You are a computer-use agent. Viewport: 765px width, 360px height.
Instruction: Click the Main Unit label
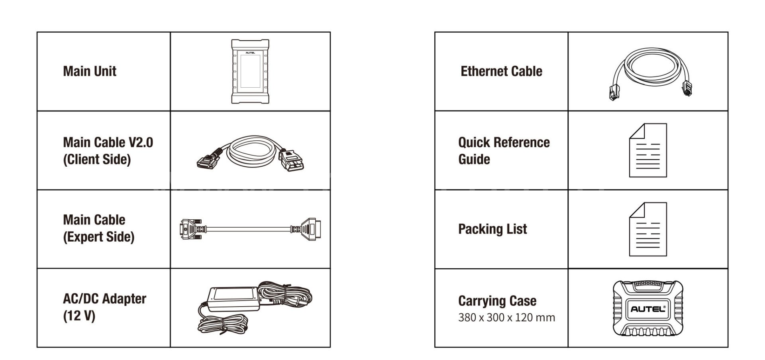tap(90, 71)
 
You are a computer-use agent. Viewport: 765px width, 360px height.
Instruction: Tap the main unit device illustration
tap(250, 71)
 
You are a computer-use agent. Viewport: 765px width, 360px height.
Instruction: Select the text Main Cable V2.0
tap(108, 142)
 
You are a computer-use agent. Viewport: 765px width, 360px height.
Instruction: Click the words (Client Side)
tap(97, 159)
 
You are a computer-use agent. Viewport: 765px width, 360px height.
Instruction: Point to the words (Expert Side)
tap(99, 237)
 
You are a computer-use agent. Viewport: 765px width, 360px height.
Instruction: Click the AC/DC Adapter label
tap(104, 299)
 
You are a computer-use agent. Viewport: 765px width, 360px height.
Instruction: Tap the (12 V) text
tap(79, 316)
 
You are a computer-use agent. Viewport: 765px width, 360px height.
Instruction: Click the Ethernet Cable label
tap(501, 71)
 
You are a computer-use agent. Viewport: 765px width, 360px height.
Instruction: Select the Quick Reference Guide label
tap(504, 151)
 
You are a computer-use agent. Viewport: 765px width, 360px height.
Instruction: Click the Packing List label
tap(492, 229)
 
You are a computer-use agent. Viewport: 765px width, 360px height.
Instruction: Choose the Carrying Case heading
tap(497, 301)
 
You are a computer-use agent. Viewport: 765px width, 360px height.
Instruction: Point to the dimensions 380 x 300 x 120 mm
tap(506, 318)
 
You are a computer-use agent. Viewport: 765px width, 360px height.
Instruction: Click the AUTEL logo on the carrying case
tap(648, 309)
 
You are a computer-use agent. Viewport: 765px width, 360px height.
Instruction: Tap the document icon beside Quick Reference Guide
tap(648, 150)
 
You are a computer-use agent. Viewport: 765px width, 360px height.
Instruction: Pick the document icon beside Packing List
tap(648, 229)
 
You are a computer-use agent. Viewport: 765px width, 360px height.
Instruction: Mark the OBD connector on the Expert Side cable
tap(309, 229)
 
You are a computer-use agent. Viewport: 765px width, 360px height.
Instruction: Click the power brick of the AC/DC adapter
tap(234, 299)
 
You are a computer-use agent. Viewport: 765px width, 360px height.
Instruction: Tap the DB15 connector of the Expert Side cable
tap(190, 229)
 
